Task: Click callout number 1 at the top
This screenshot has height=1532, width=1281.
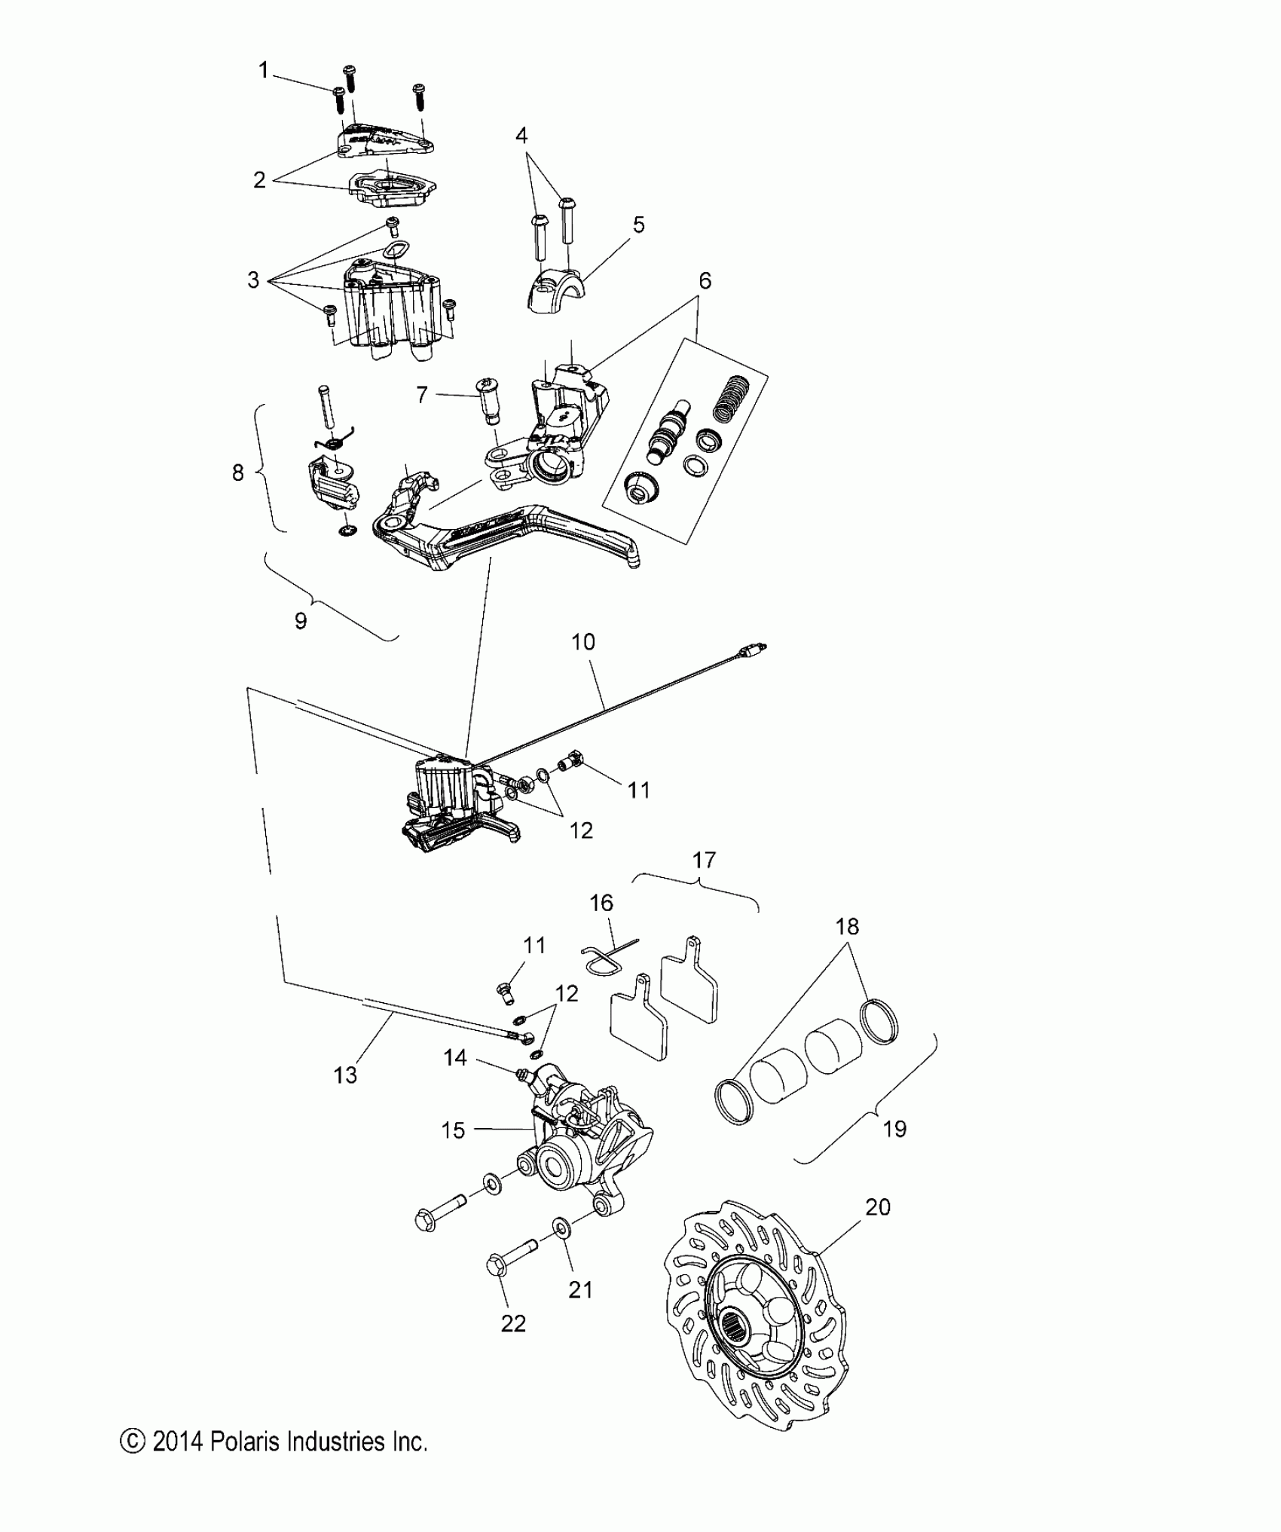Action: tap(263, 70)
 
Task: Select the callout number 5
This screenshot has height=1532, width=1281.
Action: tap(638, 225)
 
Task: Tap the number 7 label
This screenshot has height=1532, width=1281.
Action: tap(422, 394)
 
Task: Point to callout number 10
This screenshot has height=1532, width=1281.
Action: tap(583, 642)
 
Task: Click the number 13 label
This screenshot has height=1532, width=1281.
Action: tap(345, 1075)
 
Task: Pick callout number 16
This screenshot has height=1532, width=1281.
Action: tap(601, 902)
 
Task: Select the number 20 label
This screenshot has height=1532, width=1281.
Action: tap(878, 1206)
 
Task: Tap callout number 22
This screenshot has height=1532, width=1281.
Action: tap(513, 1323)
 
